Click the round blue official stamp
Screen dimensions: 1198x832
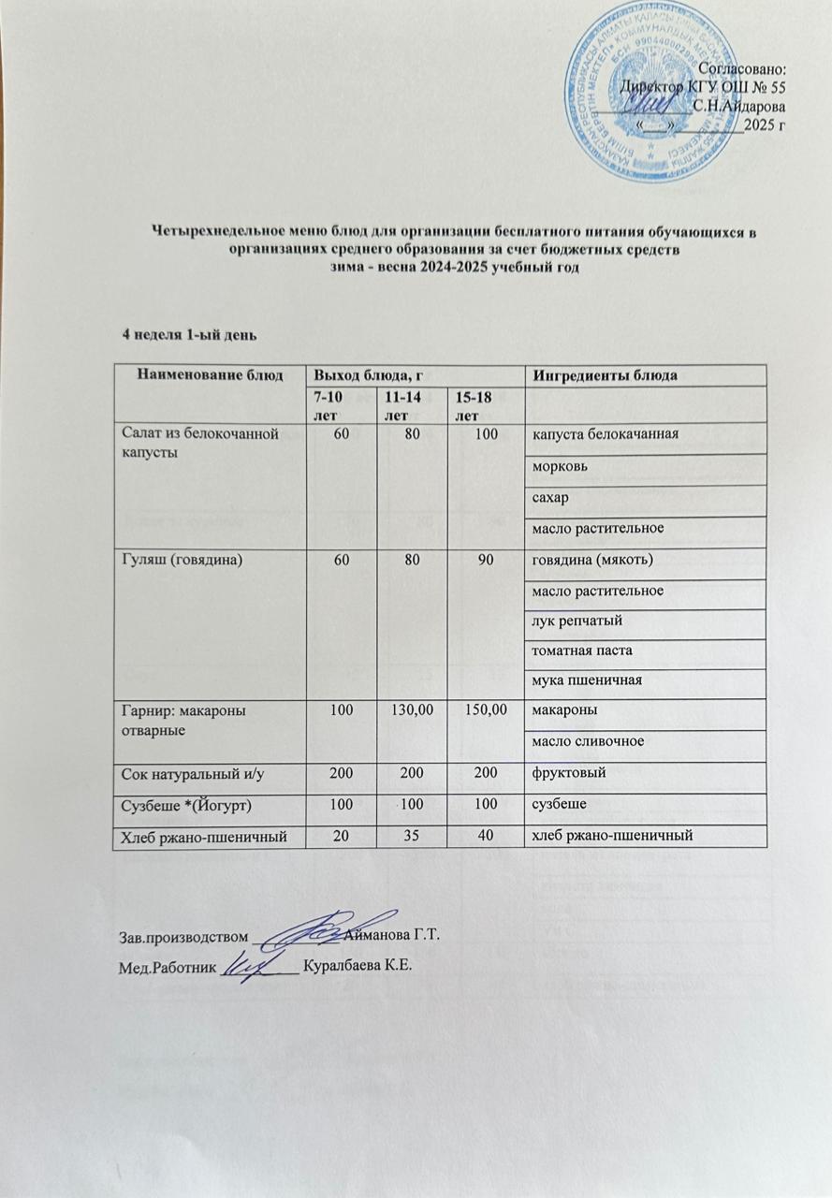pyautogui.click(x=659, y=92)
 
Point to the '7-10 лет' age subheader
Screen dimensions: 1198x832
pyautogui.click(x=328, y=406)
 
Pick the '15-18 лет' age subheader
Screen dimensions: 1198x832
pyautogui.click(x=471, y=406)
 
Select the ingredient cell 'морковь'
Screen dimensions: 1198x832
pyautogui.click(x=559, y=466)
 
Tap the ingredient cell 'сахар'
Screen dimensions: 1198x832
pyautogui.click(x=550, y=498)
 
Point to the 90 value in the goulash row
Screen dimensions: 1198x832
pyautogui.click(x=483, y=561)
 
